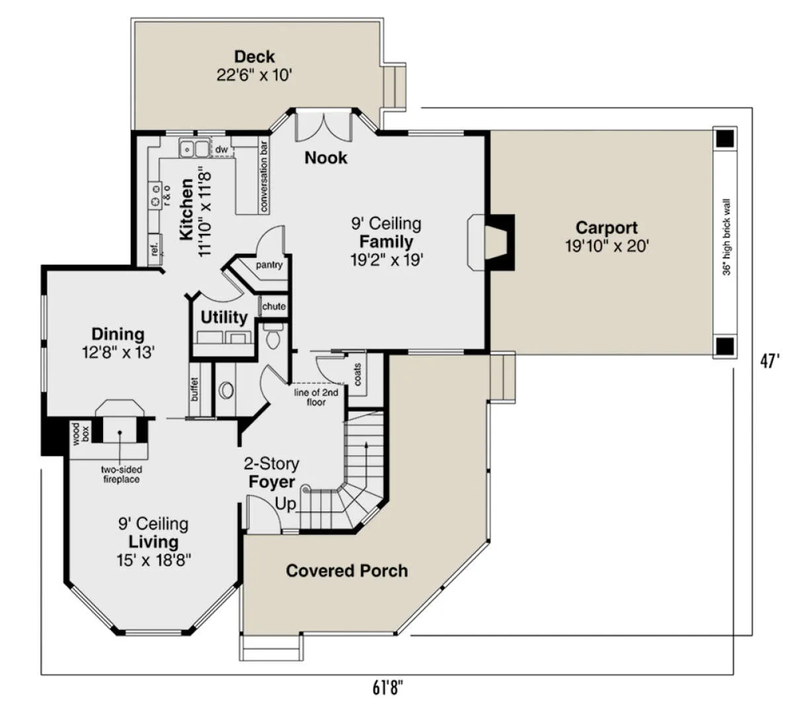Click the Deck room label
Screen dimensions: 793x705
(x=254, y=57)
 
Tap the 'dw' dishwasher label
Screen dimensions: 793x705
(x=221, y=149)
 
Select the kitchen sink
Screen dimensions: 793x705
(x=195, y=148)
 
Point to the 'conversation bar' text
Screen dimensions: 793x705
(x=264, y=176)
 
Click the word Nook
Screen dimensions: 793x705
(x=326, y=158)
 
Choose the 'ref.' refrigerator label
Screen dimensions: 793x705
(x=155, y=249)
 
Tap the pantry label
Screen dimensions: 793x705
(x=269, y=265)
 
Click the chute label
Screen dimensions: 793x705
(x=274, y=306)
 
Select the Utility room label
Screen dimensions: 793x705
(x=224, y=317)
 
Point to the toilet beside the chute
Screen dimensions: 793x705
(x=273, y=336)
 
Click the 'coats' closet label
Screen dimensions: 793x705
(x=358, y=375)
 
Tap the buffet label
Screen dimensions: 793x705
(x=194, y=389)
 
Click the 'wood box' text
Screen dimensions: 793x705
(x=81, y=433)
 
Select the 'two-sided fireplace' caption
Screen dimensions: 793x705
(x=122, y=474)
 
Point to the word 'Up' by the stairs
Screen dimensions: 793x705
(x=285, y=504)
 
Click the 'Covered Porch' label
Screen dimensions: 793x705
(x=347, y=570)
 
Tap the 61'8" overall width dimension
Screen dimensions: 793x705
(x=387, y=687)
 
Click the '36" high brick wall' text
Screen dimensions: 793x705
(x=726, y=237)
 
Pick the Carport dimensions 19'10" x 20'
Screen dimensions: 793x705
(x=607, y=246)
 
